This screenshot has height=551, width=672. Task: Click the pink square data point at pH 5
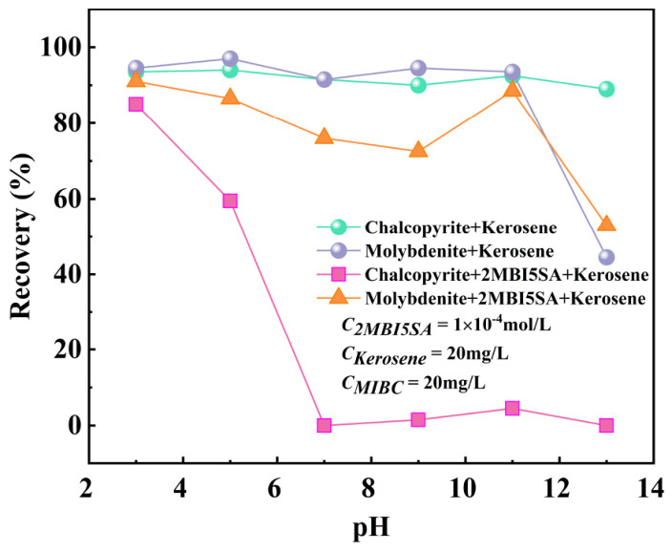[x=230, y=201]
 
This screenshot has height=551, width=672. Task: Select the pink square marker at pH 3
[x=136, y=104]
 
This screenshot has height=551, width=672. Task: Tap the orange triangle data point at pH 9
[x=418, y=150]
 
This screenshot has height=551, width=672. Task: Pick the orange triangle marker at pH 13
[x=606, y=223]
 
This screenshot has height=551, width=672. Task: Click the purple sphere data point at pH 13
[x=606, y=257]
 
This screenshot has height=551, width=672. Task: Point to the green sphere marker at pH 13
[x=606, y=89]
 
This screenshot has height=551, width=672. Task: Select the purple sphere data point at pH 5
[x=230, y=58]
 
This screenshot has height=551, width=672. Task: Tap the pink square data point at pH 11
[x=513, y=408]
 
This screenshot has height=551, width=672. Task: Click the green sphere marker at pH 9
[x=418, y=85]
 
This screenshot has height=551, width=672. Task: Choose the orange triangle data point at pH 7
[x=324, y=137]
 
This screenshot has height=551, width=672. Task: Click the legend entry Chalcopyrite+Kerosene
[x=461, y=227]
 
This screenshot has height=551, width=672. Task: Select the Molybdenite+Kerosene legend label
[x=459, y=251]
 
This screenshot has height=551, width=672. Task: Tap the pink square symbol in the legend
[x=339, y=274]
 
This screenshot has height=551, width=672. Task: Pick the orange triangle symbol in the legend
[x=339, y=297]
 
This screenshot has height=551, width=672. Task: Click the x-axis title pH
[x=371, y=528]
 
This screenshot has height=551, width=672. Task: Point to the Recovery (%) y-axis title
[x=21, y=236]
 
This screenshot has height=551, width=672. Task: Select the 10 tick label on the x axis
[x=464, y=488]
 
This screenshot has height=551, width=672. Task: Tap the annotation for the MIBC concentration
[x=413, y=383]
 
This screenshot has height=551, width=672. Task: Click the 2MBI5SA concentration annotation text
[x=446, y=326]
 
